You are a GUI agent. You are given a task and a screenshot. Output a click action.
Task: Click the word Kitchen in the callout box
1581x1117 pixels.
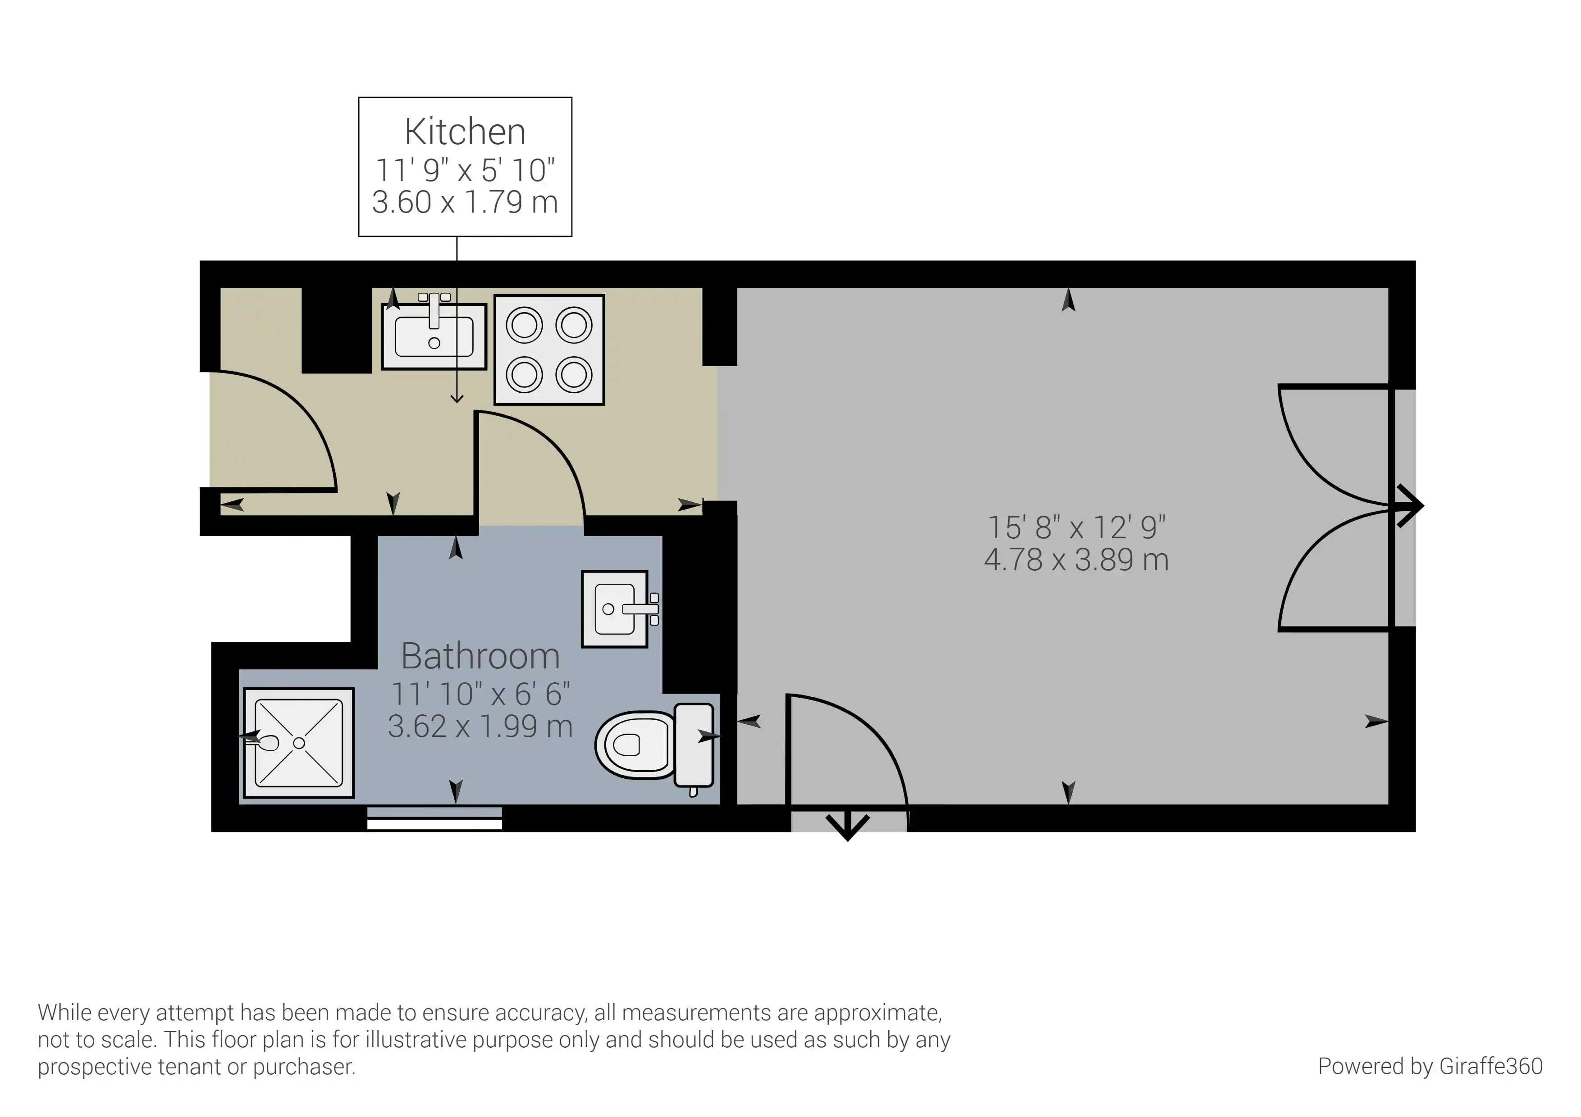click(465, 132)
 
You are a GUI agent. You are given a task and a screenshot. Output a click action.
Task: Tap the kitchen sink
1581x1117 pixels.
click(434, 337)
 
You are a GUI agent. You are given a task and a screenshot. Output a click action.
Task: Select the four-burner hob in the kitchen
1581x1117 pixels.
click(549, 350)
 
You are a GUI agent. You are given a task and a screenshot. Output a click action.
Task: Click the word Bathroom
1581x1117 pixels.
click(480, 656)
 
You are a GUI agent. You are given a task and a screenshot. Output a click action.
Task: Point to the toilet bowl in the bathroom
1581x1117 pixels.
click(630, 745)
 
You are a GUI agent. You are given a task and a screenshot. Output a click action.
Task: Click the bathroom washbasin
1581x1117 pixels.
click(615, 608)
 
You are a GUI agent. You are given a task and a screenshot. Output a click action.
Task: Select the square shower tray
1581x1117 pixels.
click(299, 743)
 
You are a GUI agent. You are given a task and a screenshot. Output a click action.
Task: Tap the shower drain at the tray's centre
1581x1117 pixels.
click(299, 743)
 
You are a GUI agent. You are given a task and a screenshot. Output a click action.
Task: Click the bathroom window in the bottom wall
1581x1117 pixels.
click(434, 818)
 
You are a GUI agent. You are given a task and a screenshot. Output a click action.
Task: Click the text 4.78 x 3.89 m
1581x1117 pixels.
click(1076, 559)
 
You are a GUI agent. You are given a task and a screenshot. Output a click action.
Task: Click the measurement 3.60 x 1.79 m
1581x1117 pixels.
click(465, 202)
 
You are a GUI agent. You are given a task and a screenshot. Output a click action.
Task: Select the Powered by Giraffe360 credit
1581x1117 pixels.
click(1430, 1066)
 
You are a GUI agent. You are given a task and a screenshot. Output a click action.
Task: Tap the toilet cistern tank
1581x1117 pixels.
click(694, 745)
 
